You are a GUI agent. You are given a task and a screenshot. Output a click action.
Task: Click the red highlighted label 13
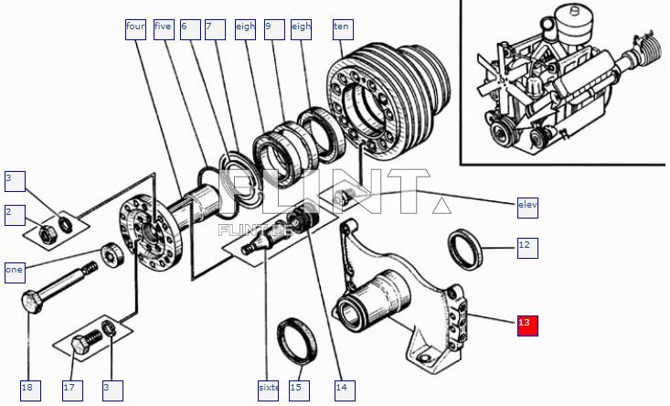point(527,325)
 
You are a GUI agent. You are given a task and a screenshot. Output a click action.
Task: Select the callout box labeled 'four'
point(135,28)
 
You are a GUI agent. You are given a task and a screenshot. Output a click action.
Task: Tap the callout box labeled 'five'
point(164,28)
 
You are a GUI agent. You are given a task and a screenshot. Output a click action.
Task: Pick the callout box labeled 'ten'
point(342,28)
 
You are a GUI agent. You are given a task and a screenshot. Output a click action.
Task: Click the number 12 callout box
point(526,247)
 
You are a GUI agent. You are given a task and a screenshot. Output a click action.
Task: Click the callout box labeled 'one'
point(15,271)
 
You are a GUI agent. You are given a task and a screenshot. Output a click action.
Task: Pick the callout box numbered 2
point(15,214)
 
